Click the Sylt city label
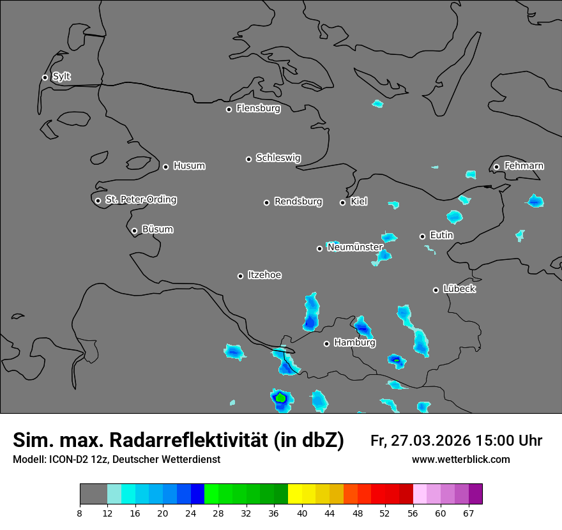pos(61,77)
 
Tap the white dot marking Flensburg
pos(229,109)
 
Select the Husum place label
pos(189,166)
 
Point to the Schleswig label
pos(278,158)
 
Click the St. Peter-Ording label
pos(140,200)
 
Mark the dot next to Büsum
pos(134,231)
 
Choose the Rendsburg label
pos(298,202)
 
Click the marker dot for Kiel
pos(342,202)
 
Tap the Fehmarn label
pos(524,166)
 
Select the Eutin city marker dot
pos(422,236)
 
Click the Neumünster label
pos(355,247)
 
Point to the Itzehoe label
pos(264,275)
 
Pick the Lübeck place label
pos(459,289)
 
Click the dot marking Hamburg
pos(326,344)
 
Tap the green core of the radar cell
pos(280,397)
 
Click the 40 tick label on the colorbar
pos(302,513)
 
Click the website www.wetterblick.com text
pos(460,459)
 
